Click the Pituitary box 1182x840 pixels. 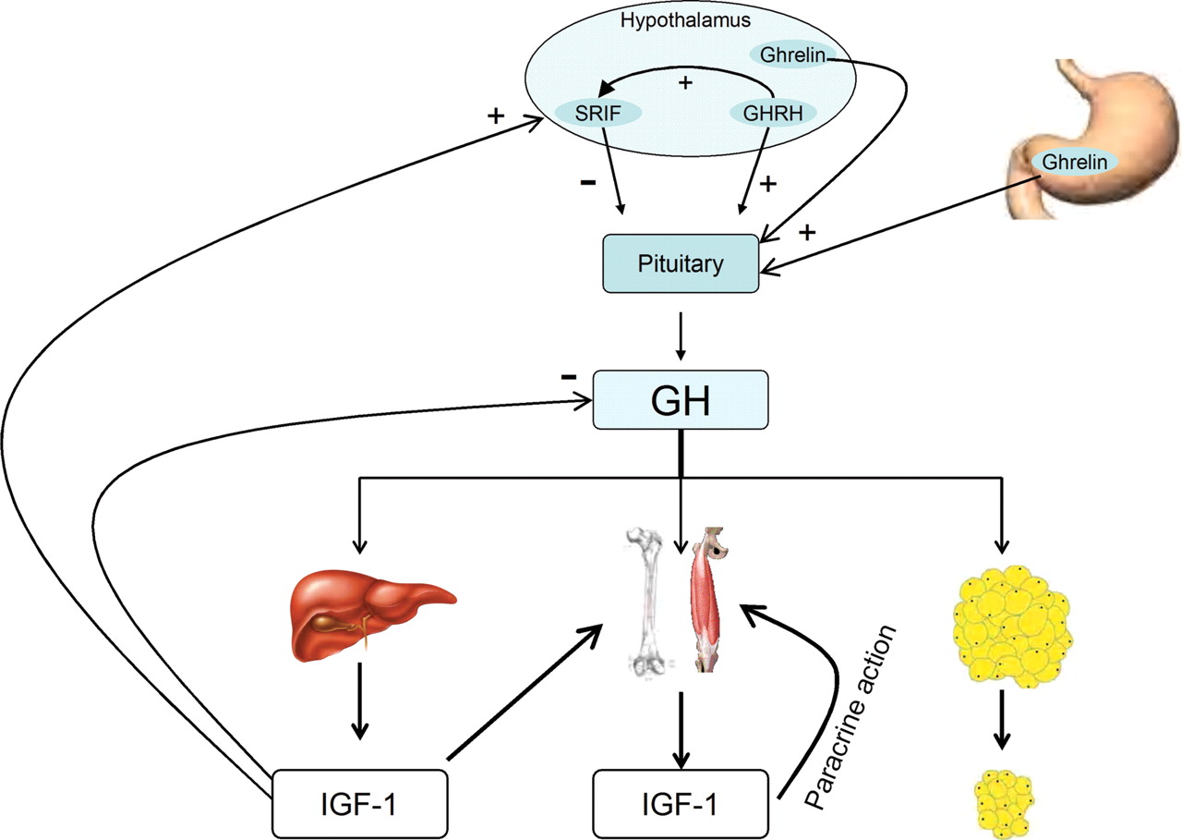680,264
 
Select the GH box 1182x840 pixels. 680,400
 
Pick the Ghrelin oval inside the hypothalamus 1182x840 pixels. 790,55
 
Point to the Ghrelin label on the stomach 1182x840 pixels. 1074,161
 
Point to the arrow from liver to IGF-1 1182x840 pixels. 361,712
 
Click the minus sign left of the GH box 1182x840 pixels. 569,378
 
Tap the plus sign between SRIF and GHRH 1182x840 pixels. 684,83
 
